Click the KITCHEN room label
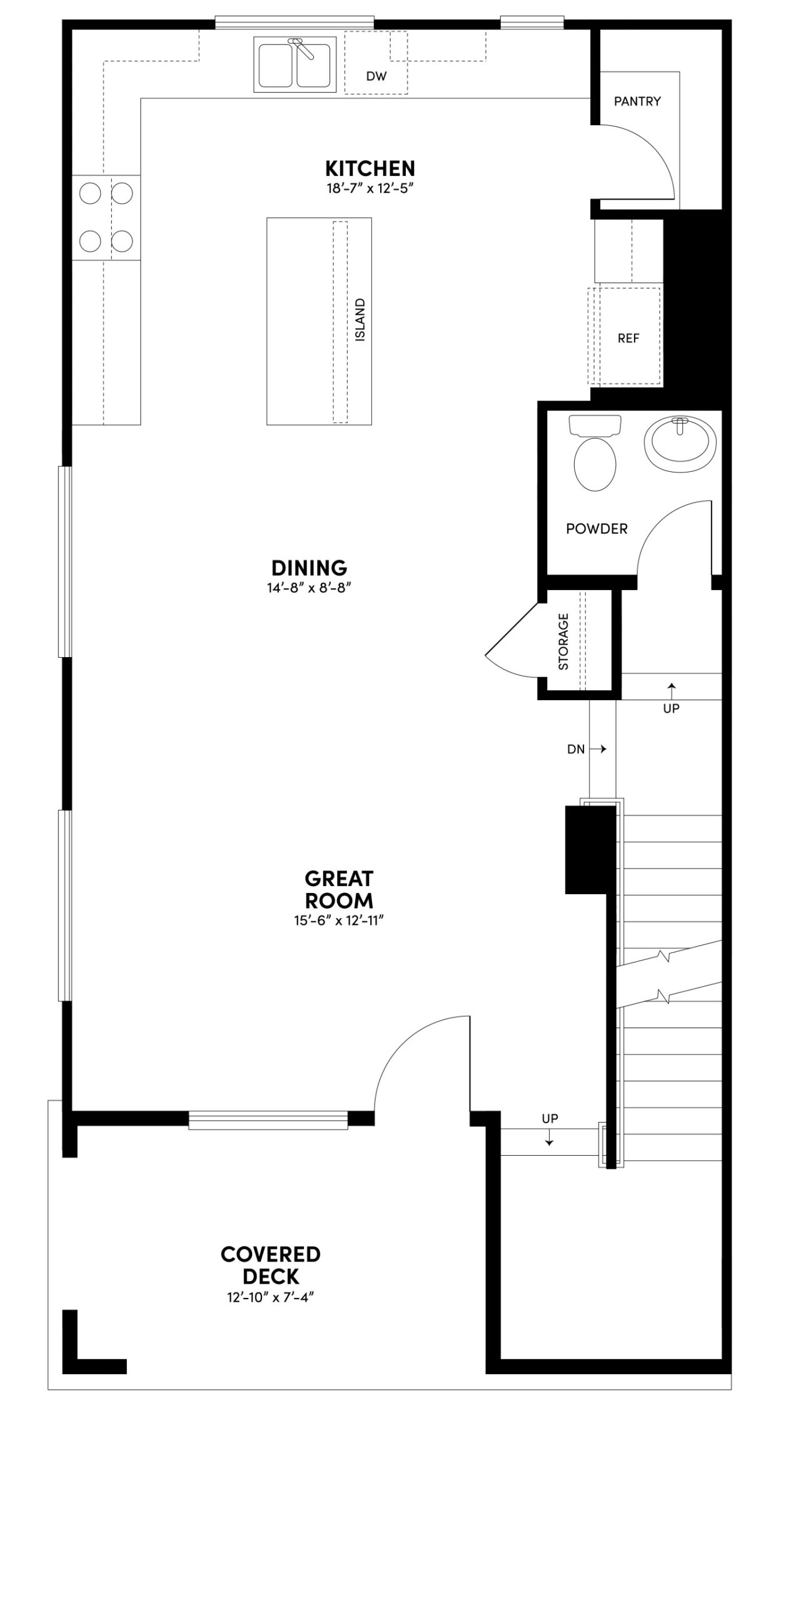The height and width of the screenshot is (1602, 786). point(370,168)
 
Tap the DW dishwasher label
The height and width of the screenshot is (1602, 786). point(376,76)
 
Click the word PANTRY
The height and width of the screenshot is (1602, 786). point(637,101)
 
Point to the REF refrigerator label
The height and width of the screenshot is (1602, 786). point(628,338)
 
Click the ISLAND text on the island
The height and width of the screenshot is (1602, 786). point(360,320)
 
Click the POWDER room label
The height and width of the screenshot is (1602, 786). point(596,529)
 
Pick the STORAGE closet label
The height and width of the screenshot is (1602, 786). point(563,641)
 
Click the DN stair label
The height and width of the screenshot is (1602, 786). point(576,749)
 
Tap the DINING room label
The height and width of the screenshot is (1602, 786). point(309,568)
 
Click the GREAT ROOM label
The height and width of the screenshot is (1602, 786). point(339,889)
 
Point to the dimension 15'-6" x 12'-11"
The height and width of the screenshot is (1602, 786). point(338,921)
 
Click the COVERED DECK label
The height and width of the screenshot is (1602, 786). point(270,1265)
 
